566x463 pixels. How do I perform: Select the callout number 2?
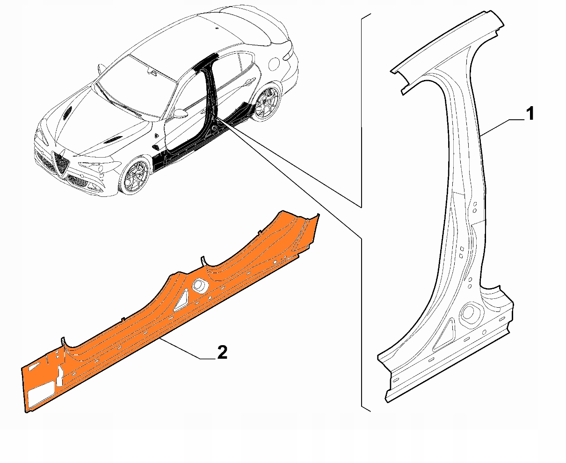pyautogui.click(x=222, y=352)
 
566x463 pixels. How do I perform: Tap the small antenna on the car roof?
pyautogui.click(x=218, y=29)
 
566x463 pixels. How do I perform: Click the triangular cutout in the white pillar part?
pyautogui.click(x=444, y=335)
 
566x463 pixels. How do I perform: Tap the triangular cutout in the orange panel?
pyautogui.click(x=181, y=300)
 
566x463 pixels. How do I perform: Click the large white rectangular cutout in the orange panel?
pyautogui.click(x=41, y=394)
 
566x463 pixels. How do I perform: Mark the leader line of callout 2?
pyautogui.click(x=182, y=348)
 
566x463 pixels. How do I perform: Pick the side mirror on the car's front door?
pyautogui.click(x=179, y=113)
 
